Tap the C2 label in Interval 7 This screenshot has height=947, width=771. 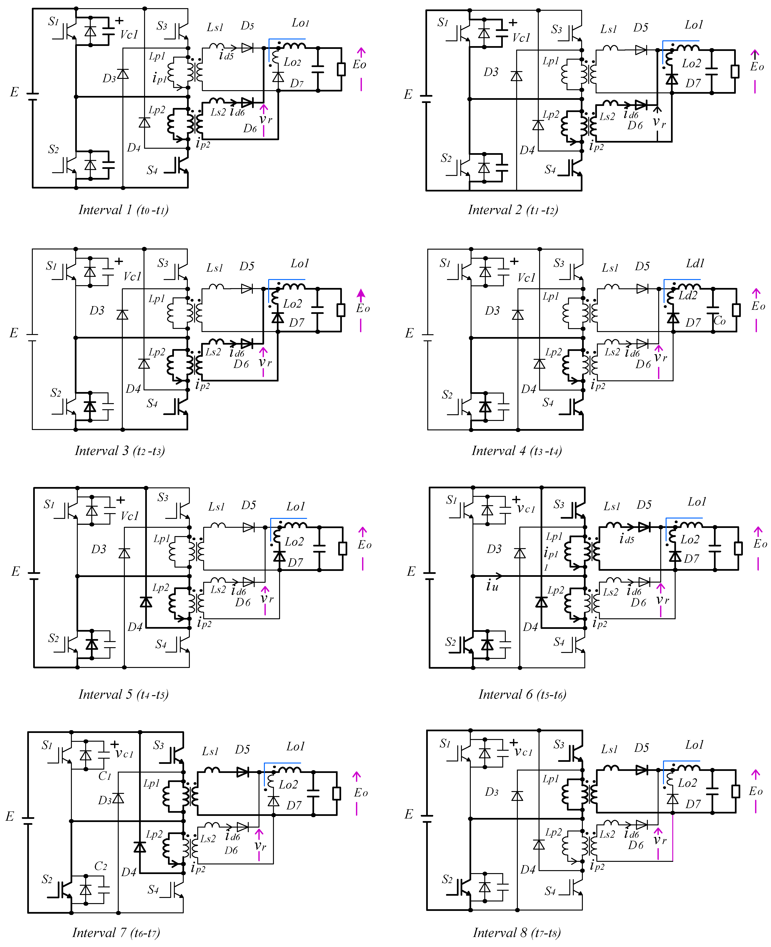[100, 866]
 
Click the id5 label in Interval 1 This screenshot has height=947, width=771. [226, 56]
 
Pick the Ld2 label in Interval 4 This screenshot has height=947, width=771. [688, 295]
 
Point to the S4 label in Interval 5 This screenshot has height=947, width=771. [161, 644]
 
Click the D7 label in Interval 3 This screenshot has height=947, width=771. [297, 323]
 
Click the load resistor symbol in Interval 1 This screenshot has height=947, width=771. [341, 70]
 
